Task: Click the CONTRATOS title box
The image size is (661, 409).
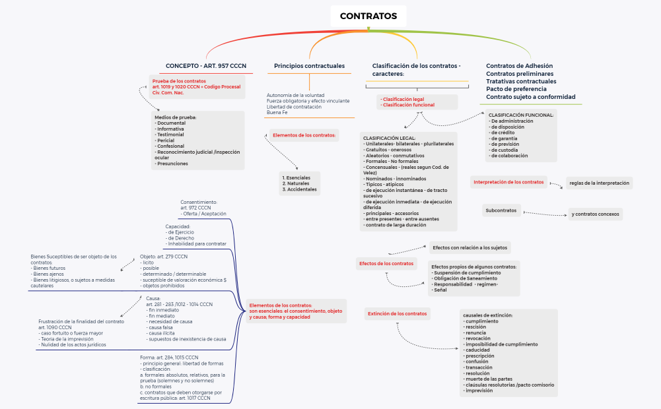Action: coord(368,16)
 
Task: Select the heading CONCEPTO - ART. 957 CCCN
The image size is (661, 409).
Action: coord(206,66)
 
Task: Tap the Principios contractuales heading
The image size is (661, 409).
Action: coord(309,66)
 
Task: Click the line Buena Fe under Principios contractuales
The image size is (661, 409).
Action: coord(277,113)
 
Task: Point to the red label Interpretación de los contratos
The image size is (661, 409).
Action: coord(508,182)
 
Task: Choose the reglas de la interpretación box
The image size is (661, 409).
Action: coord(599,183)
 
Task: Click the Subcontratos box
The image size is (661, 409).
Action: coord(501,211)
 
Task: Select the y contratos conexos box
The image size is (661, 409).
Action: coord(595,214)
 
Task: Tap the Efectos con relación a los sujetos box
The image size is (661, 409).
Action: coord(470,248)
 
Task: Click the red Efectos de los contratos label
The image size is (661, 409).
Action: coord(386,264)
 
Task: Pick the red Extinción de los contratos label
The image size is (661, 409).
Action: coord(397,314)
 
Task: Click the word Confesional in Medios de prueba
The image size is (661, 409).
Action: coord(170,146)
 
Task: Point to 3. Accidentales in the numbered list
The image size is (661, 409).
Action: coord(299,189)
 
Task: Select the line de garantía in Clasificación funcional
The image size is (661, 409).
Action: coord(503,139)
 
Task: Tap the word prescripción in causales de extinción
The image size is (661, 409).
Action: coord(482,356)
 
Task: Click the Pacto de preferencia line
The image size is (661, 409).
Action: coord(516,89)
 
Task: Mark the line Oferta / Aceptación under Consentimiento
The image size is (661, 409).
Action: coord(204,214)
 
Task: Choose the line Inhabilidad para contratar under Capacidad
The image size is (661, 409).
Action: coord(197,243)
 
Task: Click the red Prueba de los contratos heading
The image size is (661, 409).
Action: coord(179,80)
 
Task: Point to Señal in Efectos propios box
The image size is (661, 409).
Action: coord(440,290)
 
